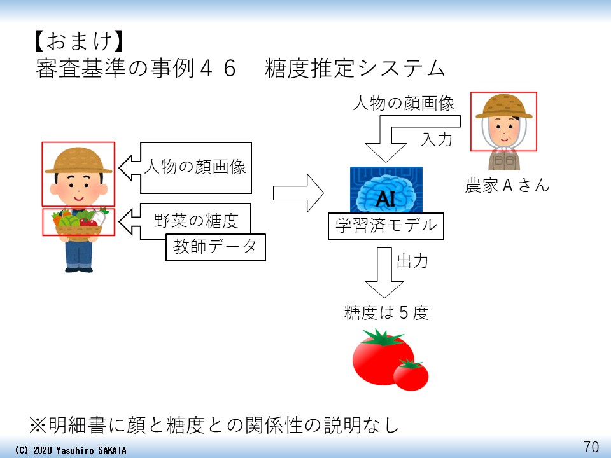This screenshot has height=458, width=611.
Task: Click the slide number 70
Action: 591,447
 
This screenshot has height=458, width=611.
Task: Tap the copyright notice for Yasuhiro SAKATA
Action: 70,450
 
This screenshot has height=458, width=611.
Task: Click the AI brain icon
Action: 386,191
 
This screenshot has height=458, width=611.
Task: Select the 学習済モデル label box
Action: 386,226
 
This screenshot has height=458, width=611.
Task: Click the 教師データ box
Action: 215,247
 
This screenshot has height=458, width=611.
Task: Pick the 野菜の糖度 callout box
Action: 195,221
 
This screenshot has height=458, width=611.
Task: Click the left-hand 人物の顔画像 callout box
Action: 195,168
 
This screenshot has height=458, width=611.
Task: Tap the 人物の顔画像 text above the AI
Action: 404,103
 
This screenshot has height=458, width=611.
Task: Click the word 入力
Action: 437,139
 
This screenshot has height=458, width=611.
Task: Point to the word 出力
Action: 412,261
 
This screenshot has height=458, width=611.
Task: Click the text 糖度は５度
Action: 386,312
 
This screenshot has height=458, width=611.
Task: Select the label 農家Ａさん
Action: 507,186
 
